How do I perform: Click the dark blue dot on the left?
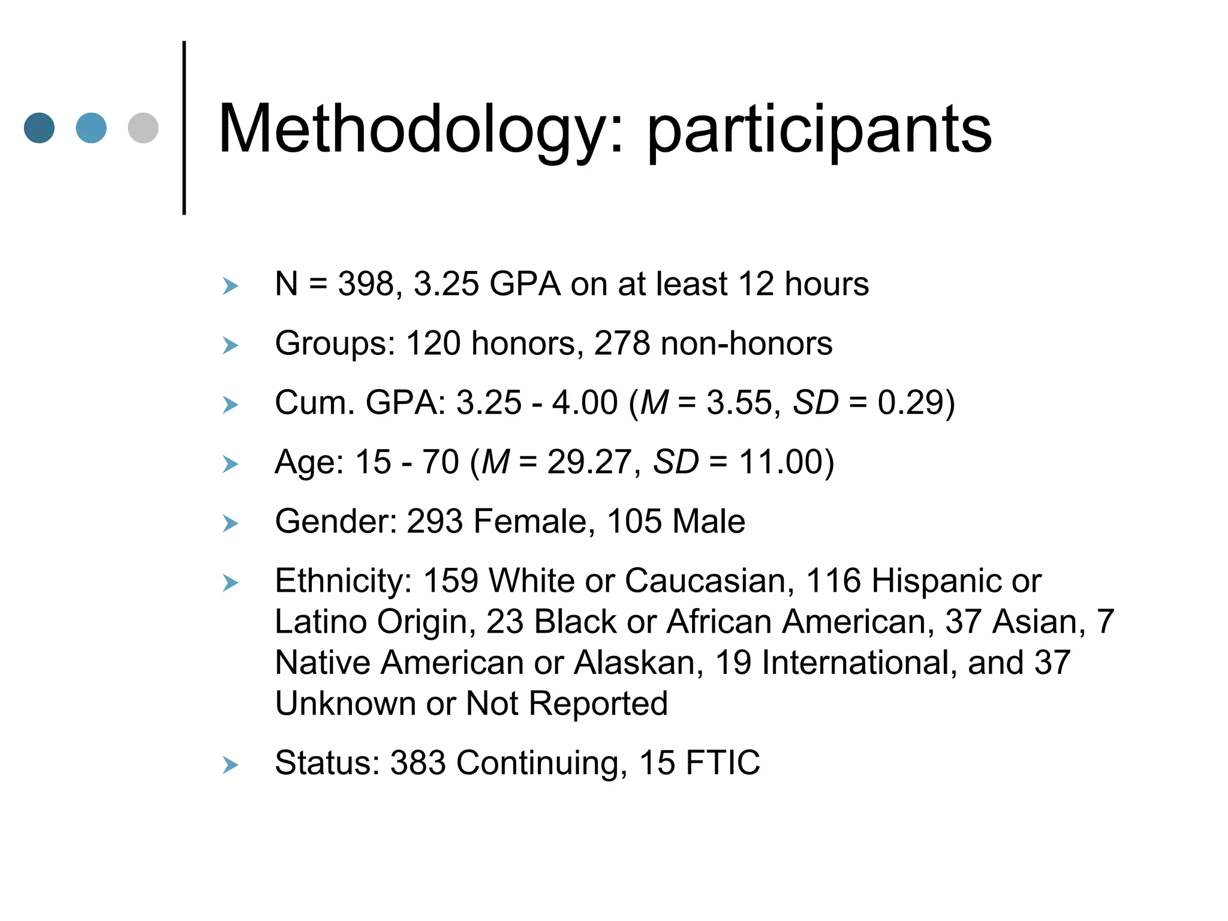click(40, 128)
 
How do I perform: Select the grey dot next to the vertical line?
click(143, 128)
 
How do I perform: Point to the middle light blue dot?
click(91, 128)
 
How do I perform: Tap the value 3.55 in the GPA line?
click(738, 402)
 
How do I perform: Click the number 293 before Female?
click(435, 521)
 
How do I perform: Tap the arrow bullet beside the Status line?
click(230, 765)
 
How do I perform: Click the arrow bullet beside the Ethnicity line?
click(230, 583)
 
